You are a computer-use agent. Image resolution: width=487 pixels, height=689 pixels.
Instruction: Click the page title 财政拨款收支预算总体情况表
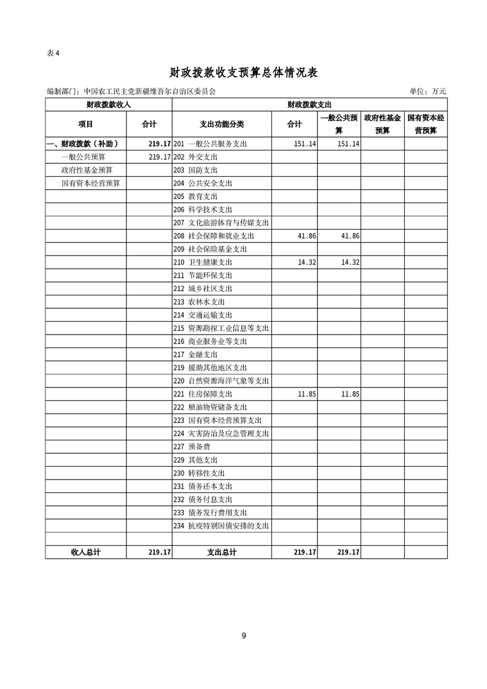(x=243, y=72)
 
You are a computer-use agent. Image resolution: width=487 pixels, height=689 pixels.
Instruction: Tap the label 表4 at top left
(x=53, y=53)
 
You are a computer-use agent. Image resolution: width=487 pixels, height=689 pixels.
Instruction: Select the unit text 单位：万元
(x=427, y=91)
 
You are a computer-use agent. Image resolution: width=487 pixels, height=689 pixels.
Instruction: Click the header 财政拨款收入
(x=109, y=105)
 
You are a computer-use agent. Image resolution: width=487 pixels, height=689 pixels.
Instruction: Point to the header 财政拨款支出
(x=310, y=105)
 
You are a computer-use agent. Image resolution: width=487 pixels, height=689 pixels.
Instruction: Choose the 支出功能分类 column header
(x=222, y=124)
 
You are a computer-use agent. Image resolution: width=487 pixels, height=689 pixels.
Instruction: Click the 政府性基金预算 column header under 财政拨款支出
(x=382, y=124)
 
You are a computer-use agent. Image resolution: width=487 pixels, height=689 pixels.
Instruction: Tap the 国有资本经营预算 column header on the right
(x=426, y=124)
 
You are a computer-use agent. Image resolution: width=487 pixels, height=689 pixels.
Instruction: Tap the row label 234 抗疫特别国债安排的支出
(x=222, y=526)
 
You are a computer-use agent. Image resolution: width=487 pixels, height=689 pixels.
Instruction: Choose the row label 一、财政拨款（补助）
(x=82, y=144)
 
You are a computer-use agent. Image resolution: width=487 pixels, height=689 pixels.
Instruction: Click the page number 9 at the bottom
(x=244, y=636)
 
